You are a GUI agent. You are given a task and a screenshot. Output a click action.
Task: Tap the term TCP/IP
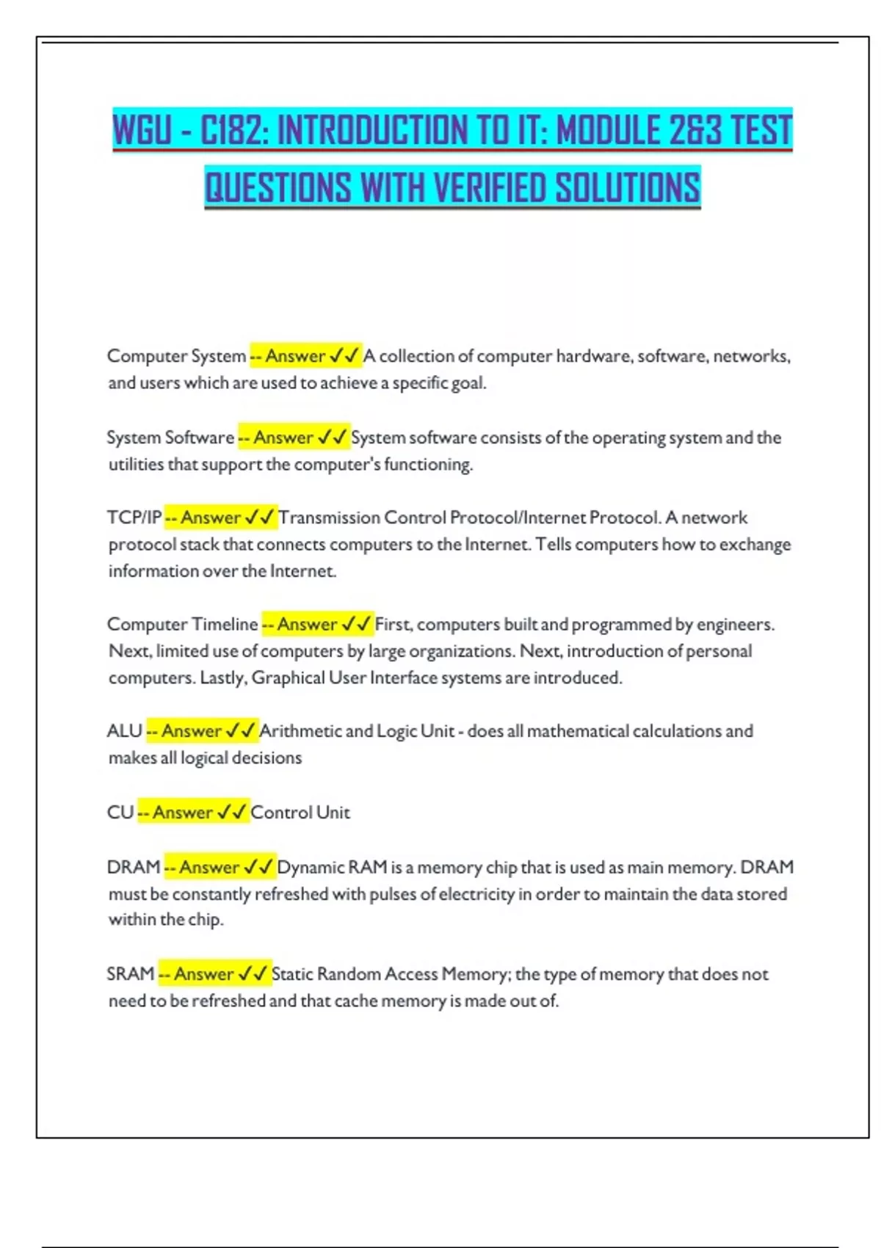coord(134,518)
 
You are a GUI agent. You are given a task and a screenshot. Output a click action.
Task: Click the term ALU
coord(124,731)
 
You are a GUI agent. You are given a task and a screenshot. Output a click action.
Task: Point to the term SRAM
coord(130,974)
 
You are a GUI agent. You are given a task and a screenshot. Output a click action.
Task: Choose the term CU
coord(120,813)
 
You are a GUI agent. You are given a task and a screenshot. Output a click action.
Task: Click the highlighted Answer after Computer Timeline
coord(307,625)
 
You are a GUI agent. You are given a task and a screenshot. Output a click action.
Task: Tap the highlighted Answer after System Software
coord(283,438)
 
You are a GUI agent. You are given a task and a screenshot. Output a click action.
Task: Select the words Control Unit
coord(300,813)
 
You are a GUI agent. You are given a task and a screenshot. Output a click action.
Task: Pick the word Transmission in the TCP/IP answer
coord(329,518)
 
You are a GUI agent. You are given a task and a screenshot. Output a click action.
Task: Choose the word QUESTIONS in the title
coord(278,187)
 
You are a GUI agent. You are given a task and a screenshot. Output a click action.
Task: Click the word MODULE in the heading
coord(609,131)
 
